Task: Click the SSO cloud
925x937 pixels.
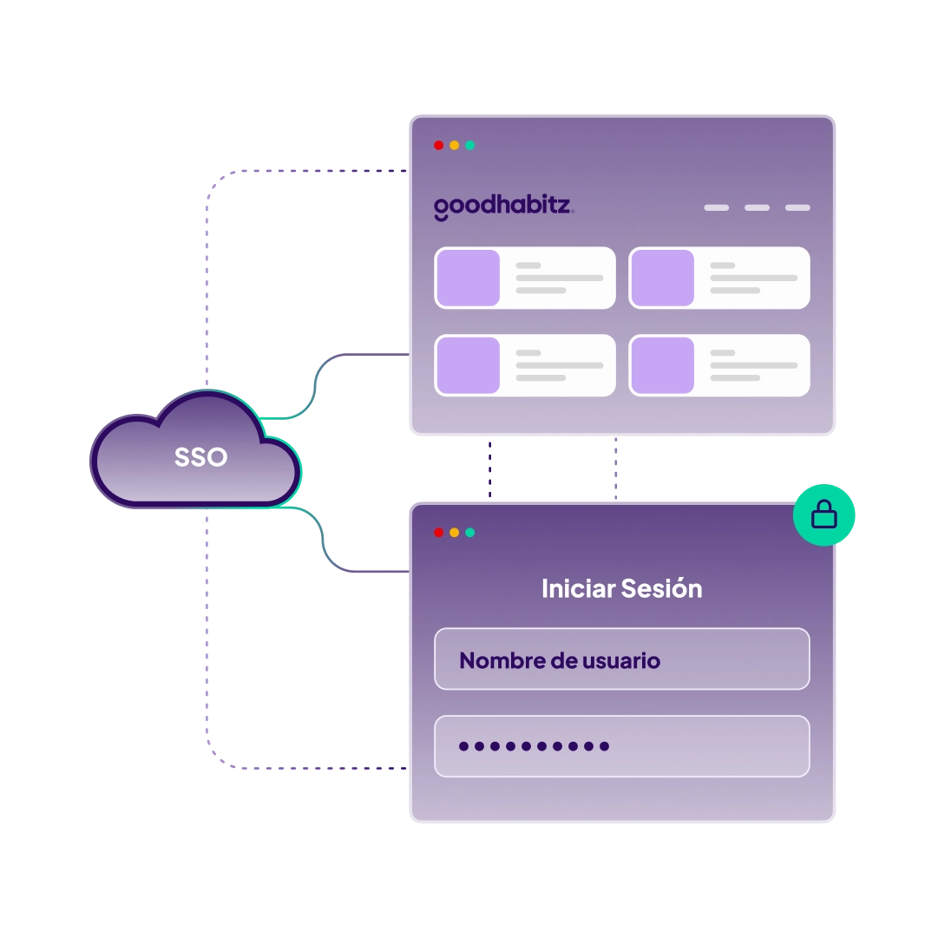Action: point(200,457)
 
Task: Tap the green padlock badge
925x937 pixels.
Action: point(823,515)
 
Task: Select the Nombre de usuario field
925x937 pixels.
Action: point(621,659)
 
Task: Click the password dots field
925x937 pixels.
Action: point(621,746)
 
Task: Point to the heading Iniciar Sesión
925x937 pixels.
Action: point(621,588)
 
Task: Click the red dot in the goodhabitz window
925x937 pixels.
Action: point(438,146)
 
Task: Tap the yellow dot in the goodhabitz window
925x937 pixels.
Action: point(454,146)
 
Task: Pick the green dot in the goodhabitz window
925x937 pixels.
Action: point(469,146)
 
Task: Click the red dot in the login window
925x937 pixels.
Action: point(438,533)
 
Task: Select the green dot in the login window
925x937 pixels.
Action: point(469,533)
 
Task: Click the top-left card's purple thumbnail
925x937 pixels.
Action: point(468,278)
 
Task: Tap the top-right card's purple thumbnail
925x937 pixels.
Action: point(662,278)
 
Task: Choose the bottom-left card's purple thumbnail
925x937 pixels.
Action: point(468,365)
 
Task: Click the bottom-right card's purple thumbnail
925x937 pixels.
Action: point(662,365)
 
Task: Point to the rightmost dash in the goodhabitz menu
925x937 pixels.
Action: point(797,208)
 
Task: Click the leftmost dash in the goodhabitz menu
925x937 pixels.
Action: point(716,208)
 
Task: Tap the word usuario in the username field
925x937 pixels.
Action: point(620,661)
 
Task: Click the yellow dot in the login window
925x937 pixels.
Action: point(454,533)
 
